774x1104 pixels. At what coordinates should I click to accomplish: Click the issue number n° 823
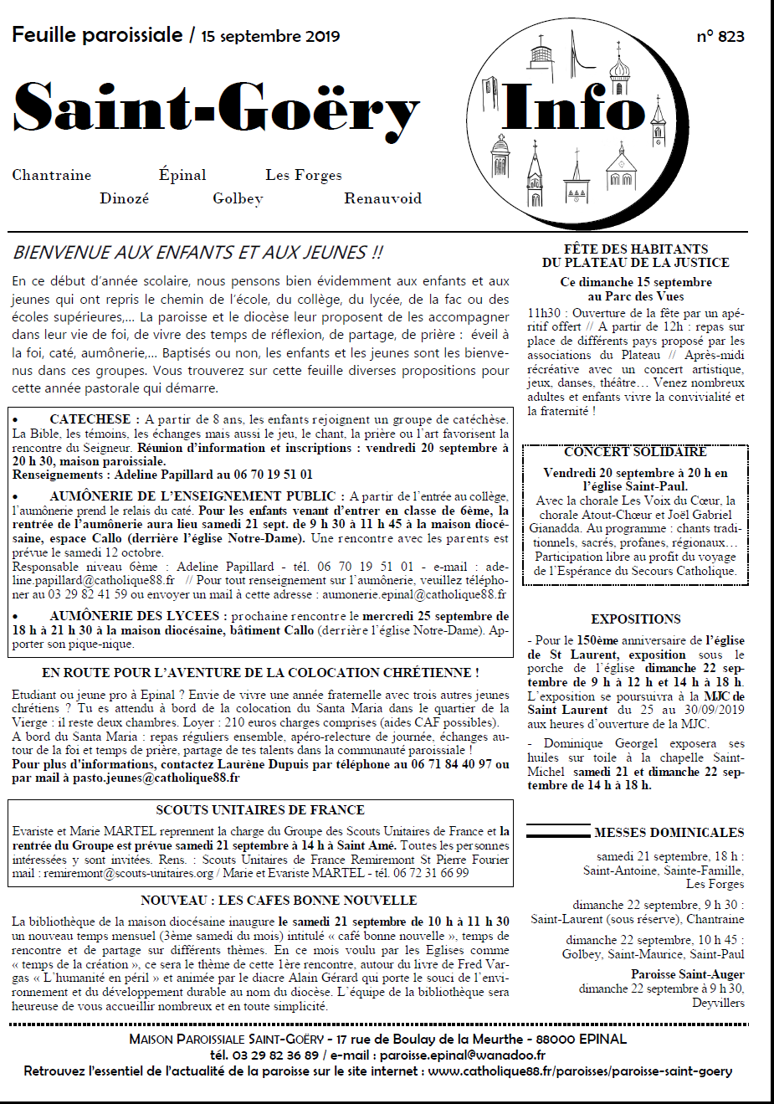(x=720, y=36)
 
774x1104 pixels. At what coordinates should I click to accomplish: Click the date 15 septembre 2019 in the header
(x=270, y=36)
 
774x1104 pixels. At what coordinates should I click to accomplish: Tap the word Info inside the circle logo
(x=574, y=106)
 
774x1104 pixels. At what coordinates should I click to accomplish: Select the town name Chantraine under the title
(x=52, y=175)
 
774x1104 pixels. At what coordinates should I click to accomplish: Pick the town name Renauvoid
(x=382, y=198)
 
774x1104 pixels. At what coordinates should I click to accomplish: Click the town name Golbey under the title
(x=238, y=198)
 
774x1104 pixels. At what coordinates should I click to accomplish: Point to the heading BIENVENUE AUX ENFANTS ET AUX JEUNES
(x=198, y=252)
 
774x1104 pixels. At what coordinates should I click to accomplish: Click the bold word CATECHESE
(x=90, y=419)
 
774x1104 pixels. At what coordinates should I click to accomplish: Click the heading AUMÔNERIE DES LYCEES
(x=139, y=616)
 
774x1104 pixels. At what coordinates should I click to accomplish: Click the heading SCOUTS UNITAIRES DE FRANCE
(x=260, y=809)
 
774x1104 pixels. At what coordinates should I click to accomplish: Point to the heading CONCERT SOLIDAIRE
(x=635, y=452)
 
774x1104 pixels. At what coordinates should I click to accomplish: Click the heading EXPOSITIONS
(x=636, y=619)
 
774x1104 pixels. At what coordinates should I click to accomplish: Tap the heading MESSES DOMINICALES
(x=669, y=832)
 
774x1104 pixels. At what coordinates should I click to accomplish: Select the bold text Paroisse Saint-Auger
(x=687, y=974)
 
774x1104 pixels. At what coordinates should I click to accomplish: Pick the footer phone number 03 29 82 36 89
(x=275, y=1055)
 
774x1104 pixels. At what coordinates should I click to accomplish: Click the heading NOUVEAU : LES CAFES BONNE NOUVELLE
(x=279, y=900)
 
